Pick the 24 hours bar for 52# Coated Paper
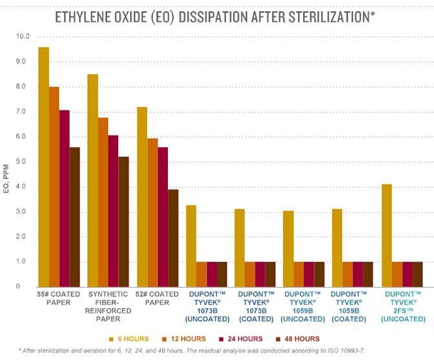(x=163, y=217)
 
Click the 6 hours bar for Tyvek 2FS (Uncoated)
(x=387, y=235)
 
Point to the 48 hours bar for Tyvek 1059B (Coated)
(x=367, y=274)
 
